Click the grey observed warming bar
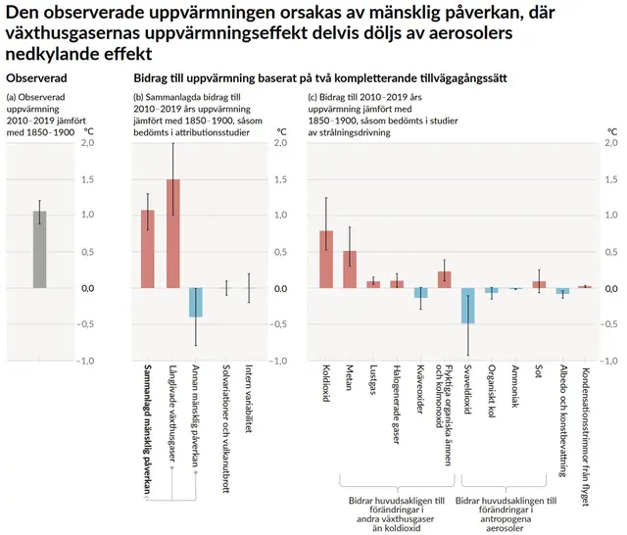pyautogui.click(x=40, y=249)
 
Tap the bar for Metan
pyautogui.click(x=350, y=269)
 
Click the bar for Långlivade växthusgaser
pyautogui.click(x=173, y=233)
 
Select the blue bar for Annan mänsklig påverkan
pyautogui.click(x=196, y=303)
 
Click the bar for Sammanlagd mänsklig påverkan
pyautogui.click(x=148, y=249)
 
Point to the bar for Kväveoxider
pyautogui.click(x=420, y=293)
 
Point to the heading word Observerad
pyautogui.click(x=37, y=76)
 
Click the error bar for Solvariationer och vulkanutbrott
pyautogui.click(x=225, y=288)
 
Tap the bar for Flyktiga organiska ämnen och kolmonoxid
pyautogui.click(x=444, y=279)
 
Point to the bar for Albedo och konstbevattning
pyautogui.click(x=562, y=291)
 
